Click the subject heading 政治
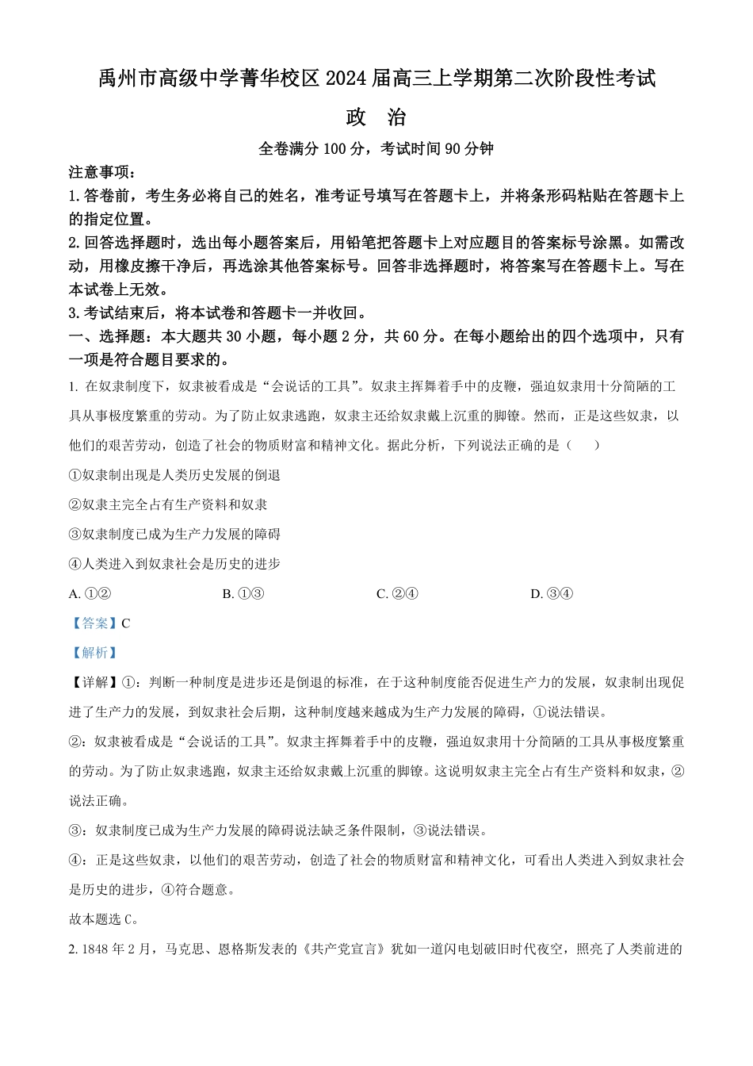tap(376, 117)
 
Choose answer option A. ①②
tap(90, 593)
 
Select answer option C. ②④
tap(397, 593)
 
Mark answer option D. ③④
tap(552, 593)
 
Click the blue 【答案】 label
tap(94, 623)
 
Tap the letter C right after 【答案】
tap(126, 623)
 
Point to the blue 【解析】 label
tap(94, 653)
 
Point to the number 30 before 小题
tap(234, 336)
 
